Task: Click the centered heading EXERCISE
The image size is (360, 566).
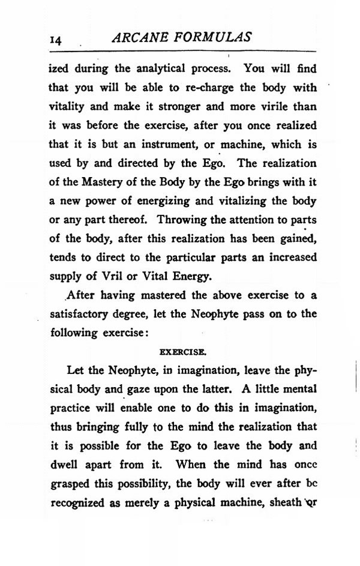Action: click(182, 351)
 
